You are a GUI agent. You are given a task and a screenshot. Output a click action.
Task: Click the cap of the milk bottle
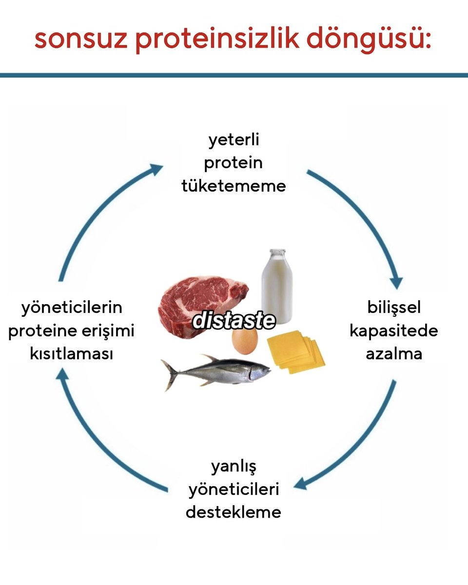[x=277, y=253]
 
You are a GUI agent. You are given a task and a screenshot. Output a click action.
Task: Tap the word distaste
[x=234, y=320]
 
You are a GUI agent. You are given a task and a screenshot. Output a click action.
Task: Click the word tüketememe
[x=234, y=186]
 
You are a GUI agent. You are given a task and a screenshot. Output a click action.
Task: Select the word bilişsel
[x=394, y=308]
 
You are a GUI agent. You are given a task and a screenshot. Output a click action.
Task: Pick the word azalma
[x=394, y=354]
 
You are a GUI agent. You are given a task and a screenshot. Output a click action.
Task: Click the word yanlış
[x=234, y=467]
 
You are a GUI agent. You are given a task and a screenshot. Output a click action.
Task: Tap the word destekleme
[x=234, y=512]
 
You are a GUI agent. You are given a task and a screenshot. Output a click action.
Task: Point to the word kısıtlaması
[x=71, y=354]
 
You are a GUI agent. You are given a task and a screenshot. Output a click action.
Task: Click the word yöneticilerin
[x=71, y=308]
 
